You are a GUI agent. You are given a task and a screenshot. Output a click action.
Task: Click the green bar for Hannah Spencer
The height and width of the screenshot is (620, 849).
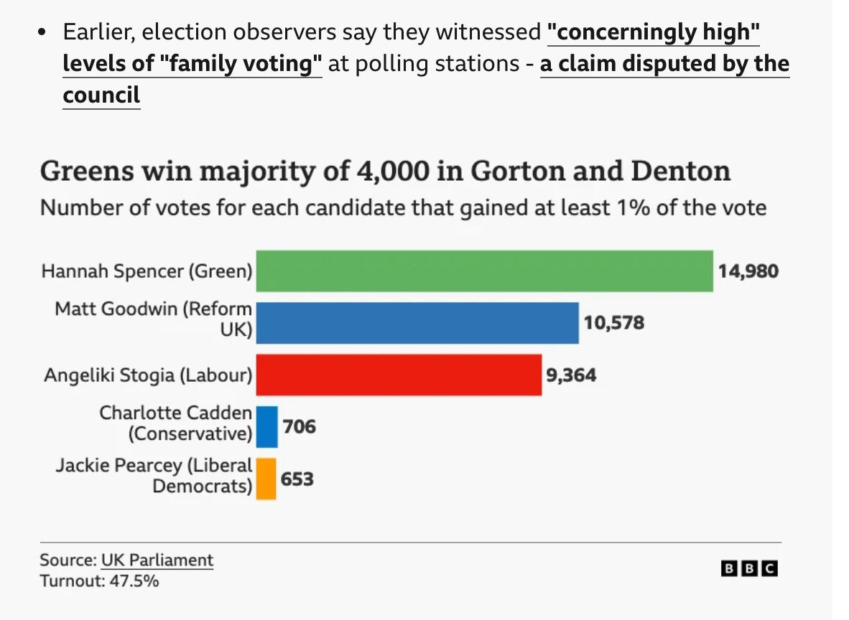click(484, 271)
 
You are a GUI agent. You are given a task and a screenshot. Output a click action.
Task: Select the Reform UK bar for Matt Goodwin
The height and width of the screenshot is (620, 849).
click(417, 323)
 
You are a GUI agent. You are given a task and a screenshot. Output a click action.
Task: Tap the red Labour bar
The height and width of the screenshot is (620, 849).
click(399, 375)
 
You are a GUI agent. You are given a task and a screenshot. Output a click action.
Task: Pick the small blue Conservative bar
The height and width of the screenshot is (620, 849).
click(266, 426)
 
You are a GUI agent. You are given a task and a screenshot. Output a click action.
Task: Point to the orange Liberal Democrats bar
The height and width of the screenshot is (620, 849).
click(266, 478)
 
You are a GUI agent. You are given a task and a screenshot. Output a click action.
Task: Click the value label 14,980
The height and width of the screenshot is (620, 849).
click(748, 271)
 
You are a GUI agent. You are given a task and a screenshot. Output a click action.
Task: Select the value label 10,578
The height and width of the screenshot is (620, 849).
click(613, 323)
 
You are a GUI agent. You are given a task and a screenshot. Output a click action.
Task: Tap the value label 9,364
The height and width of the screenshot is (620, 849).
click(571, 375)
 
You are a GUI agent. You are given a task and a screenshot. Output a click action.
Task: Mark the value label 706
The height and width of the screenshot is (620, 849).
click(299, 426)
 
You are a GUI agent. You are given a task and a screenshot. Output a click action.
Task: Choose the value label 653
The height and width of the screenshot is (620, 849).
click(297, 478)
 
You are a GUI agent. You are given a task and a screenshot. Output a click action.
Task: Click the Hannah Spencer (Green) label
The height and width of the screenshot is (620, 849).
click(147, 271)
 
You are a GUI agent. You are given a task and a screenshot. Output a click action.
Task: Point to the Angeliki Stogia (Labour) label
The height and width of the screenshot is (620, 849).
click(149, 375)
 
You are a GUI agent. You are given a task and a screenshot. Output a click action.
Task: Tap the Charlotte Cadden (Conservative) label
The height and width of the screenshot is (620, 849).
click(176, 423)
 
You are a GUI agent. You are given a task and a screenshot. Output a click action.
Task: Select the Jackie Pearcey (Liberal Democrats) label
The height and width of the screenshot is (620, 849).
click(154, 475)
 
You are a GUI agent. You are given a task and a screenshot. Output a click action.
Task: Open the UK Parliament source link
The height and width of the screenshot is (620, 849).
click(157, 560)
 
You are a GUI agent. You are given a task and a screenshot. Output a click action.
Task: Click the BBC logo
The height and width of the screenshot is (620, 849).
click(749, 568)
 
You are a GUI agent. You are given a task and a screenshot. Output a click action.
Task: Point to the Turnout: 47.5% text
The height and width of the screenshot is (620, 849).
click(99, 581)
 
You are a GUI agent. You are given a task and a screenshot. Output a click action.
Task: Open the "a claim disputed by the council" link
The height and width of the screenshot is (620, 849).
click(664, 64)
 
